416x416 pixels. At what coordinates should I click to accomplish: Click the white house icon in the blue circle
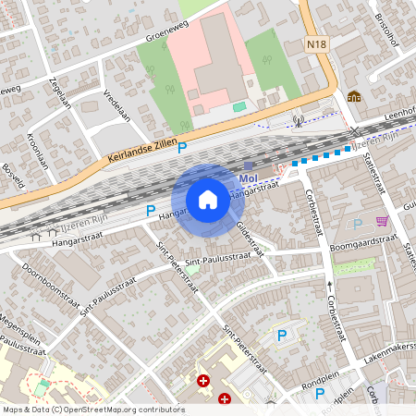207,199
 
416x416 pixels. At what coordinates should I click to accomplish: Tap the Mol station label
247,178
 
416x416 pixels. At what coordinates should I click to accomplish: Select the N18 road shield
318,43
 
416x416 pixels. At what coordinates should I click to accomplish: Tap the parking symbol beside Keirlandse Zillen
182,147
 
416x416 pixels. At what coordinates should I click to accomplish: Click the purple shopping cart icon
381,222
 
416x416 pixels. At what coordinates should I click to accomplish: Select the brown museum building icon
353,95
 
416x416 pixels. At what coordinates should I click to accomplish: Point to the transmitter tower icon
298,119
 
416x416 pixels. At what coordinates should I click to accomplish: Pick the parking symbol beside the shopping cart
358,223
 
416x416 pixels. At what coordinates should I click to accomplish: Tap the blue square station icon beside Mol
249,166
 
